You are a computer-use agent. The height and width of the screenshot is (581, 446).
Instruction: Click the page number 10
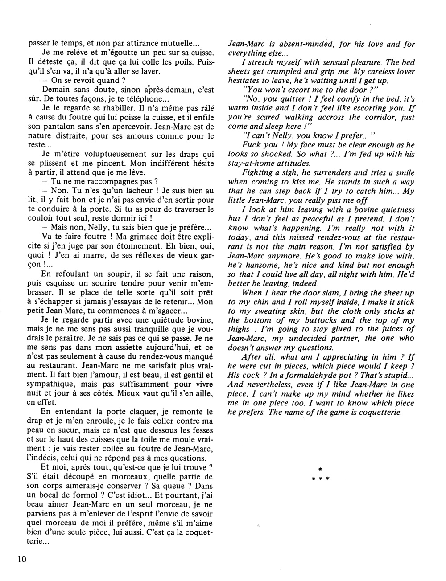(x=22, y=559)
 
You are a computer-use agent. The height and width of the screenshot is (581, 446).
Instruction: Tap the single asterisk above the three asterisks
(x=319, y=469)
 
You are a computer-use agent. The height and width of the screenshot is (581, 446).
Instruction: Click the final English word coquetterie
(x=380, y=412)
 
